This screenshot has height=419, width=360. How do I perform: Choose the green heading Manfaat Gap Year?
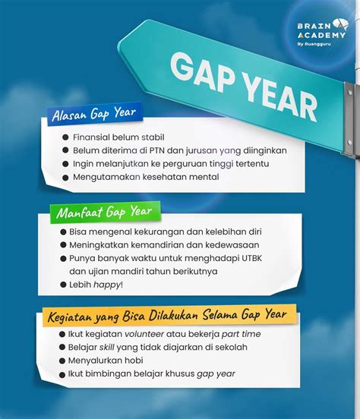pyautogui.click(x=103, y=212)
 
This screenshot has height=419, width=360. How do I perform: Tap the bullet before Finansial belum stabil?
pyautogui.click(x=65, y=137)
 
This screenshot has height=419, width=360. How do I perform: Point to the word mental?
pyautogui.click(x=203, y=177)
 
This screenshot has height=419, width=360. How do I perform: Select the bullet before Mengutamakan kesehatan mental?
pyautogui.click(x=65, y=177)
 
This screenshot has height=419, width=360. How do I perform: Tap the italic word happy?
pyautogui.click(x=108, y=285)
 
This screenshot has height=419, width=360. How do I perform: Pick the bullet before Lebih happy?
pyautogui.click(x=65, y=285)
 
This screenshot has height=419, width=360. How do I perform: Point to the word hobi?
pyautogui.click(x=132, y=360)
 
